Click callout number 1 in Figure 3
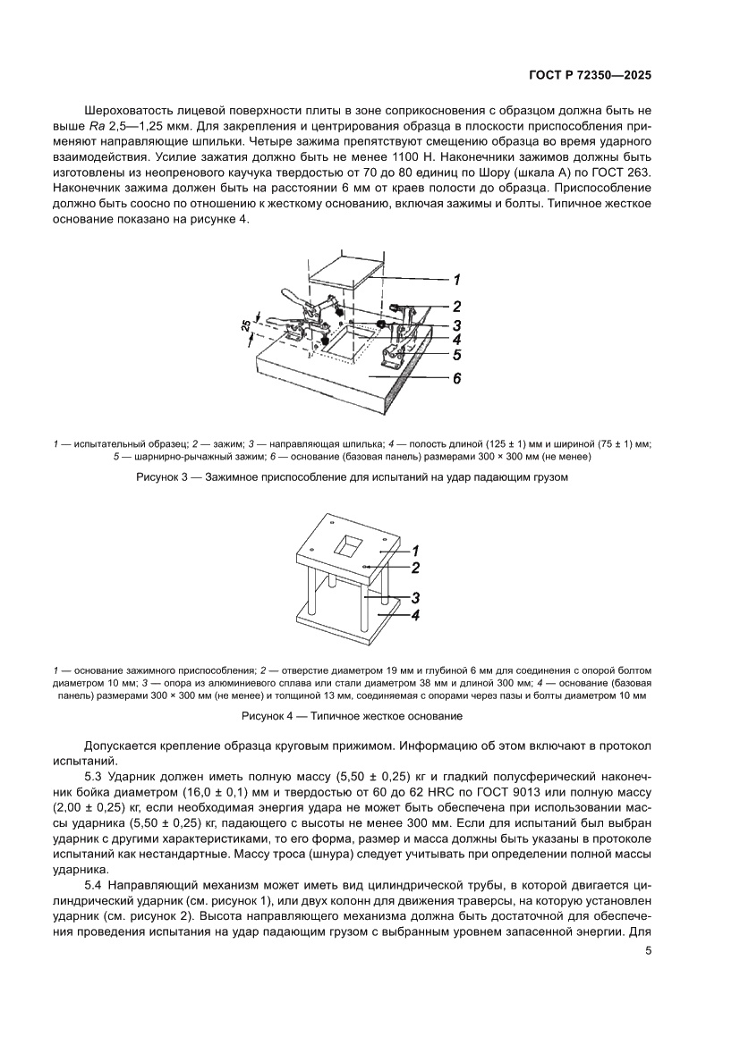click(x=456, y=278)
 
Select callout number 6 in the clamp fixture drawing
click(x=456, y=378)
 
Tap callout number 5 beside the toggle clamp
click(x=456, y=355)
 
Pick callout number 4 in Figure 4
click(x=415, y=615)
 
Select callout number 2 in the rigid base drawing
click(x=415, y=567)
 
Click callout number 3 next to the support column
click(x=415, y=598)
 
